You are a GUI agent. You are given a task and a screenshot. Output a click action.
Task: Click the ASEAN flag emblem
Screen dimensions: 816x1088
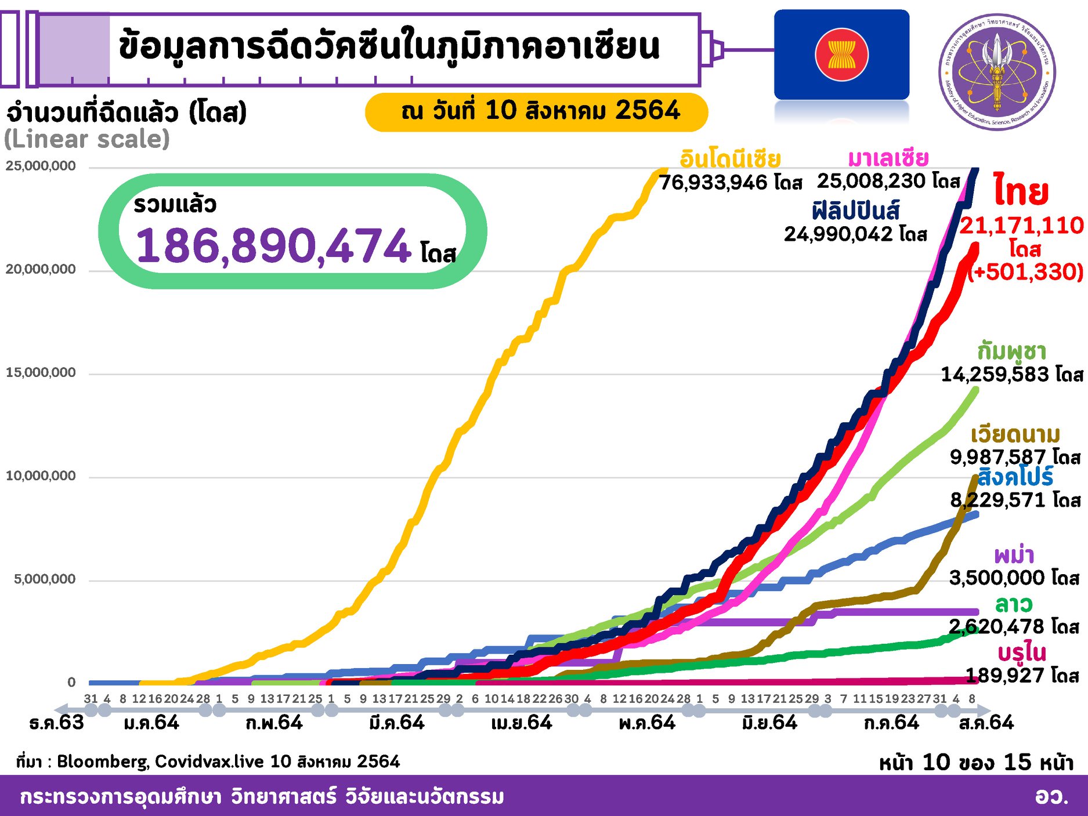[x=841, y=55]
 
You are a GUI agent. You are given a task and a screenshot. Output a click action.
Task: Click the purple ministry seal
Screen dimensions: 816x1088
[x=997, y=72]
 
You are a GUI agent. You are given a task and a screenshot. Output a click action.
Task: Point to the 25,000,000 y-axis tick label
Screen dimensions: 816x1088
[x=41, y=166]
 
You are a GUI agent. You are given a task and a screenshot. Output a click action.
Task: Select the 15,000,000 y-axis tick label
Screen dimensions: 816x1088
[x=41, y=372]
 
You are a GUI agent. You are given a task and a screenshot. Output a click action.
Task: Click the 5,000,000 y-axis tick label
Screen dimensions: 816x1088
[x=45, y=579]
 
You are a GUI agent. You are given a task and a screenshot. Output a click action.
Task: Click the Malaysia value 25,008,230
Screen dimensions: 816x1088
[x=876, y=181]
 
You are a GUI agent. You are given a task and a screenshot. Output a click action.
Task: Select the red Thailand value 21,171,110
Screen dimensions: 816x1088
[x=1021, y=225]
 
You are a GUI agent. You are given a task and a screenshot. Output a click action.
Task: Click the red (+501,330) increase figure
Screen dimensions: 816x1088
[x=1026, y=271]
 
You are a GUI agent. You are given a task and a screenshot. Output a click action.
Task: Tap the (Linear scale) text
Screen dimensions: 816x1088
[x=87, y=139]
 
